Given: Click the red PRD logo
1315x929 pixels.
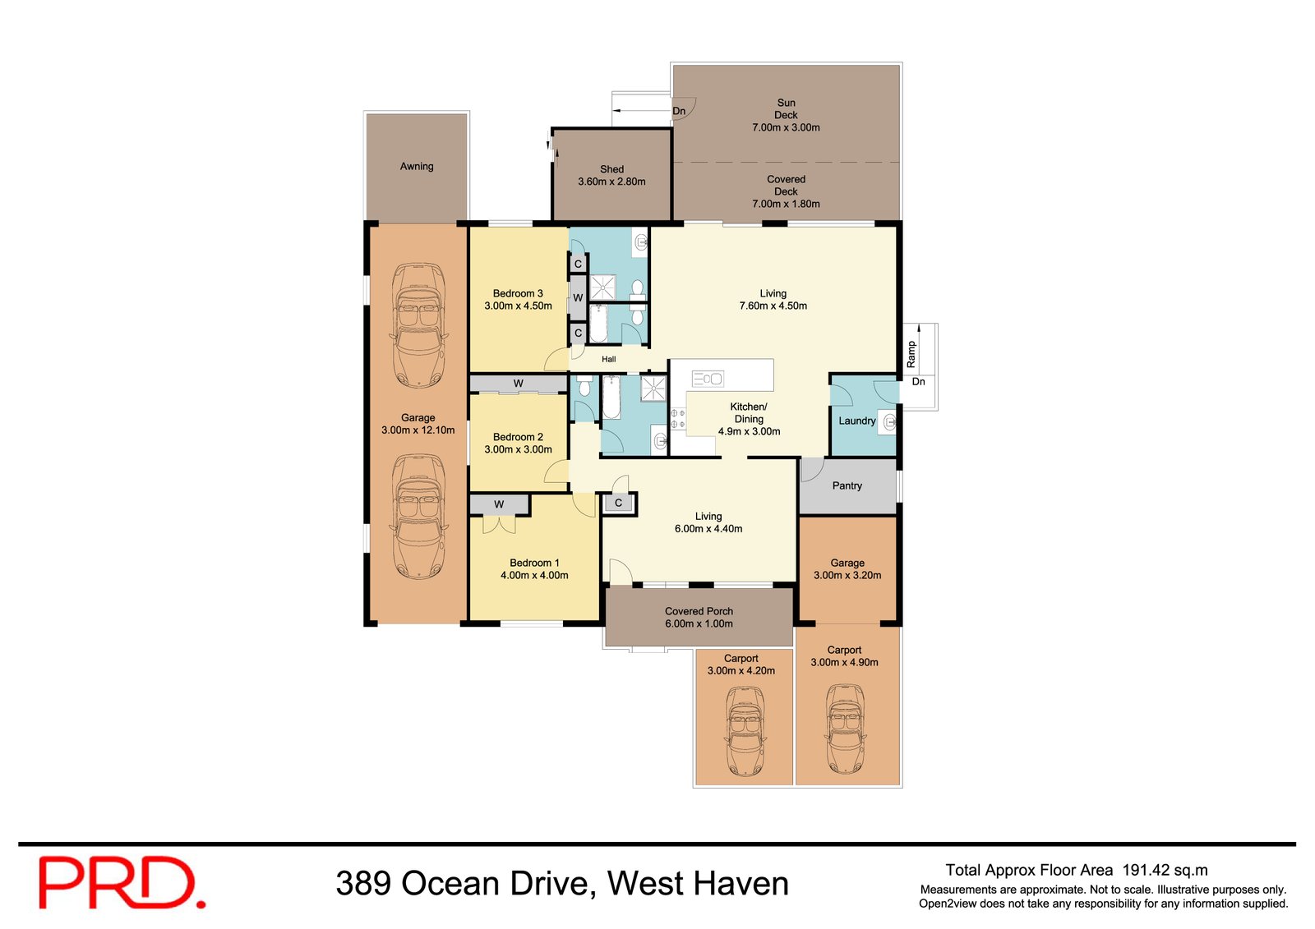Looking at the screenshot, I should pos(122,883).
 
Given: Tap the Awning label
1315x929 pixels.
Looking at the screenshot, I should pos(417,167).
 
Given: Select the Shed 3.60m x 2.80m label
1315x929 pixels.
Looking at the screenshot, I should pos(611,176).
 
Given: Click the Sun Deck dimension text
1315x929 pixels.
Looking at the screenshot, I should pos(786,127).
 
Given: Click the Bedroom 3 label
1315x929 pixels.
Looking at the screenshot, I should pos(518,299).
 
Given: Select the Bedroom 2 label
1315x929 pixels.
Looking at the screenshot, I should pos(518,443).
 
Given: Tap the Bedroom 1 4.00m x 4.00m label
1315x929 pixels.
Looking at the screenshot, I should pos(534,569).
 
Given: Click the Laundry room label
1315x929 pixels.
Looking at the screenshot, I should pos(856,421).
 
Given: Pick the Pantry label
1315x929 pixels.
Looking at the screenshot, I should pos(847,486).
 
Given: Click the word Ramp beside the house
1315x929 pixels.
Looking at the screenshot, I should pos(911,354).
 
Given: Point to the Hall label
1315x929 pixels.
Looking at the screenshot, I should pos(608,360).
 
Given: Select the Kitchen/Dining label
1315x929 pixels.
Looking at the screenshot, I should pos(749,418).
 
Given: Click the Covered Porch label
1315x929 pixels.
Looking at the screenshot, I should pos(699,617).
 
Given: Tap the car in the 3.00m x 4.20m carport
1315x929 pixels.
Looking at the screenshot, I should pos(745,731).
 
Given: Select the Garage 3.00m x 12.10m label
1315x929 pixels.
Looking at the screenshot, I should pos(418,424).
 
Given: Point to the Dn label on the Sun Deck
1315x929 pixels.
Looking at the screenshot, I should pos(679,112).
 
